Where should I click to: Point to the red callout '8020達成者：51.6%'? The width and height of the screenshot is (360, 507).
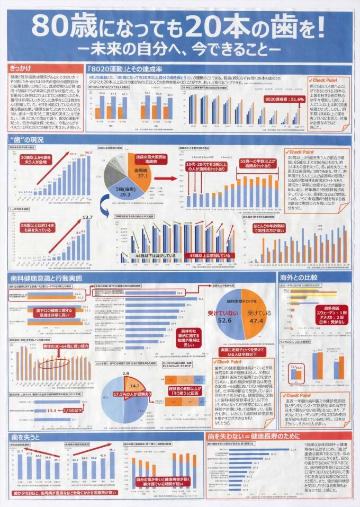click(x=285, y=99)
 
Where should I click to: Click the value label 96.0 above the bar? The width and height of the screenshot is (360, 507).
click(x=88, y=152)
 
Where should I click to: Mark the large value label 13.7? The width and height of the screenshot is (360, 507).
click(x=88, y=217)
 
